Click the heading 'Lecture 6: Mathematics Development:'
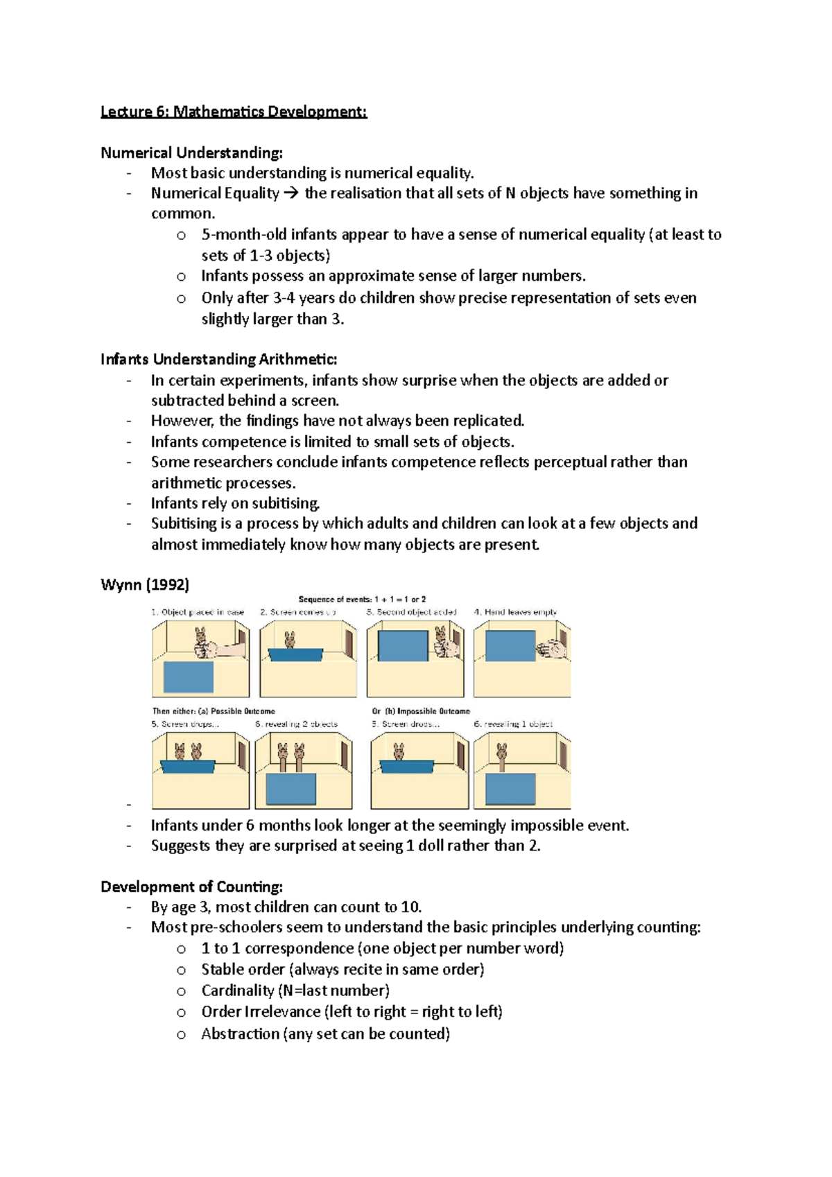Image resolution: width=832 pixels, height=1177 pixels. (234, 112)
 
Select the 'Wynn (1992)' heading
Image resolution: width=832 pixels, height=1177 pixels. (145, 584)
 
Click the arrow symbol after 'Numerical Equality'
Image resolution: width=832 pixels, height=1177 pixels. (291, 193)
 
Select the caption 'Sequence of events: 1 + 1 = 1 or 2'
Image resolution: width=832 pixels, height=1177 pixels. (362, 599)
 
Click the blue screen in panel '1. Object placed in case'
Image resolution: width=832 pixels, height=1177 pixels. (188, 677)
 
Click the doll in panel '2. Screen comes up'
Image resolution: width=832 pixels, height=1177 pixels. (290, 639)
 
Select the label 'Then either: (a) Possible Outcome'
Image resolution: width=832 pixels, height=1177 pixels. (214, 711)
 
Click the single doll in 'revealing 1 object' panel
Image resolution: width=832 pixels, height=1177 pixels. (501, 756)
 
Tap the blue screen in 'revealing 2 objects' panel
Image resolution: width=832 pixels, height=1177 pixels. (291, 789)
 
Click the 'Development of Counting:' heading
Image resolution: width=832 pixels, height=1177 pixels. (191, 887)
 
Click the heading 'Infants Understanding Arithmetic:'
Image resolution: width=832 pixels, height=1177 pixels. (218, 359)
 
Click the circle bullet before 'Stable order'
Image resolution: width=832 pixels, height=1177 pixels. (181, 970)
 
